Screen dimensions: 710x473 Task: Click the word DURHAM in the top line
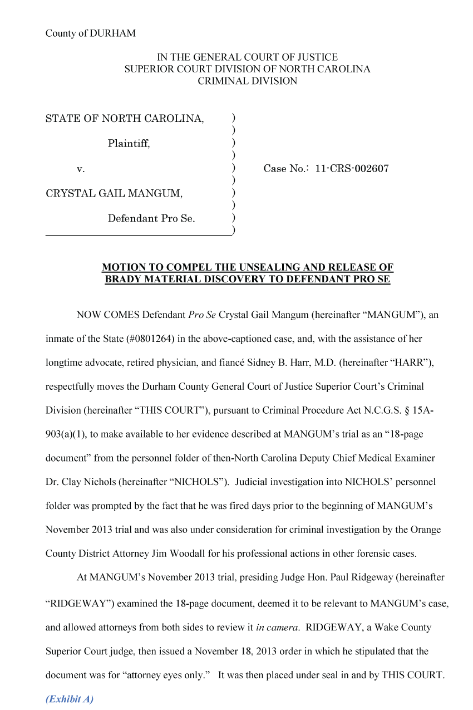pyautogui.click(x=116, y=33)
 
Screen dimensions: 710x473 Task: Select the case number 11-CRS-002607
pyautogui.click(x=352, y=169)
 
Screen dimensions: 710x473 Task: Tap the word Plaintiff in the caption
pyautogui.click(x=129, y=144)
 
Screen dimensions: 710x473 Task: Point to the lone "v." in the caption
pyautogui.click(x=80, y=169)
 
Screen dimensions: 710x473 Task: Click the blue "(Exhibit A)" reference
pyautogui.click(x=70, y=699)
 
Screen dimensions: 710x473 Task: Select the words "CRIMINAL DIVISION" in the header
pyautogui.click(x=247, y=81)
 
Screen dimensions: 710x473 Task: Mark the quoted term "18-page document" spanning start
pyautogui.click(x=378, y=434)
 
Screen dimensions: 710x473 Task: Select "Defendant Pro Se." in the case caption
pyautogui.click(x=151, y=218)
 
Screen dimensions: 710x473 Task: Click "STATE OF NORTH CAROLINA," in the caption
pyautogui.click(x=125, y=119)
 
